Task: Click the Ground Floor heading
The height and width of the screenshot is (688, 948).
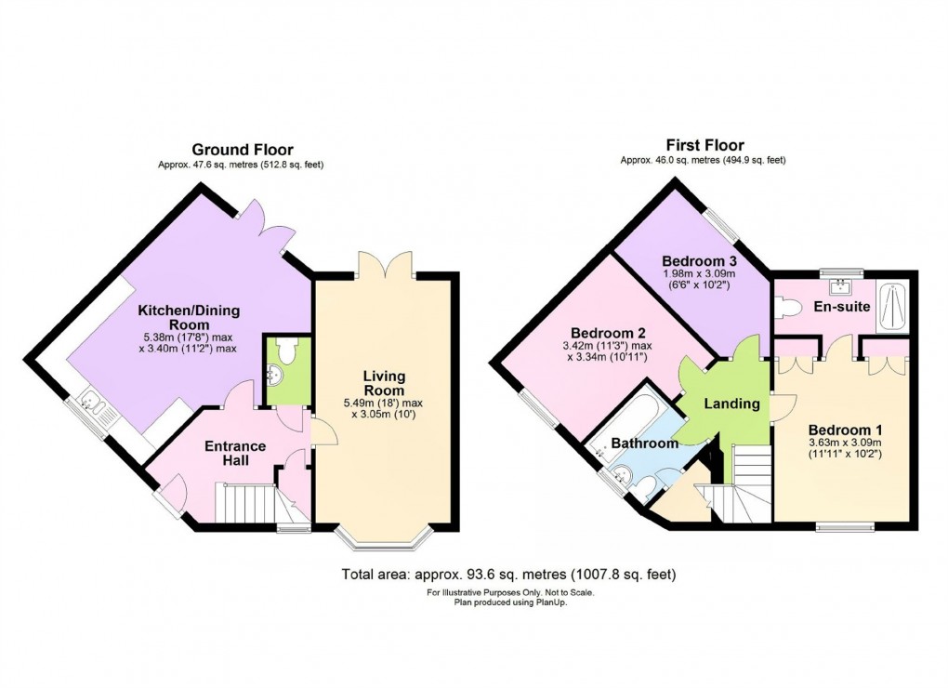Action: click(x=243, y=150)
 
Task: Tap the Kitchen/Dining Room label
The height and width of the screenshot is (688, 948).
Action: click(x=185, y=318)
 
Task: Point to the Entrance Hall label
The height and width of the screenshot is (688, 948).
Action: click(x=235, y=454)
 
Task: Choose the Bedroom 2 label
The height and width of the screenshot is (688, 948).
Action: click(x=608, y=334)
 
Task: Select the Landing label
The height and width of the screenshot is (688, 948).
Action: click(x=731, y=404)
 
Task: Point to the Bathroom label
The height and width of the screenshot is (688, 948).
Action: click(x=644, y=443)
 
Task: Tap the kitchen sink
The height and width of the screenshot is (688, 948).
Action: click(x=93, y=404)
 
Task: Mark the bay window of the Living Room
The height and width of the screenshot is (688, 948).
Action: click(x=384, y=539)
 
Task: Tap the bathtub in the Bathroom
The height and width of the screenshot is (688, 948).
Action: click(x=628, y=419)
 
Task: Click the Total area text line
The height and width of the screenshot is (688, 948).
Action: click(x=508, y=575)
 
